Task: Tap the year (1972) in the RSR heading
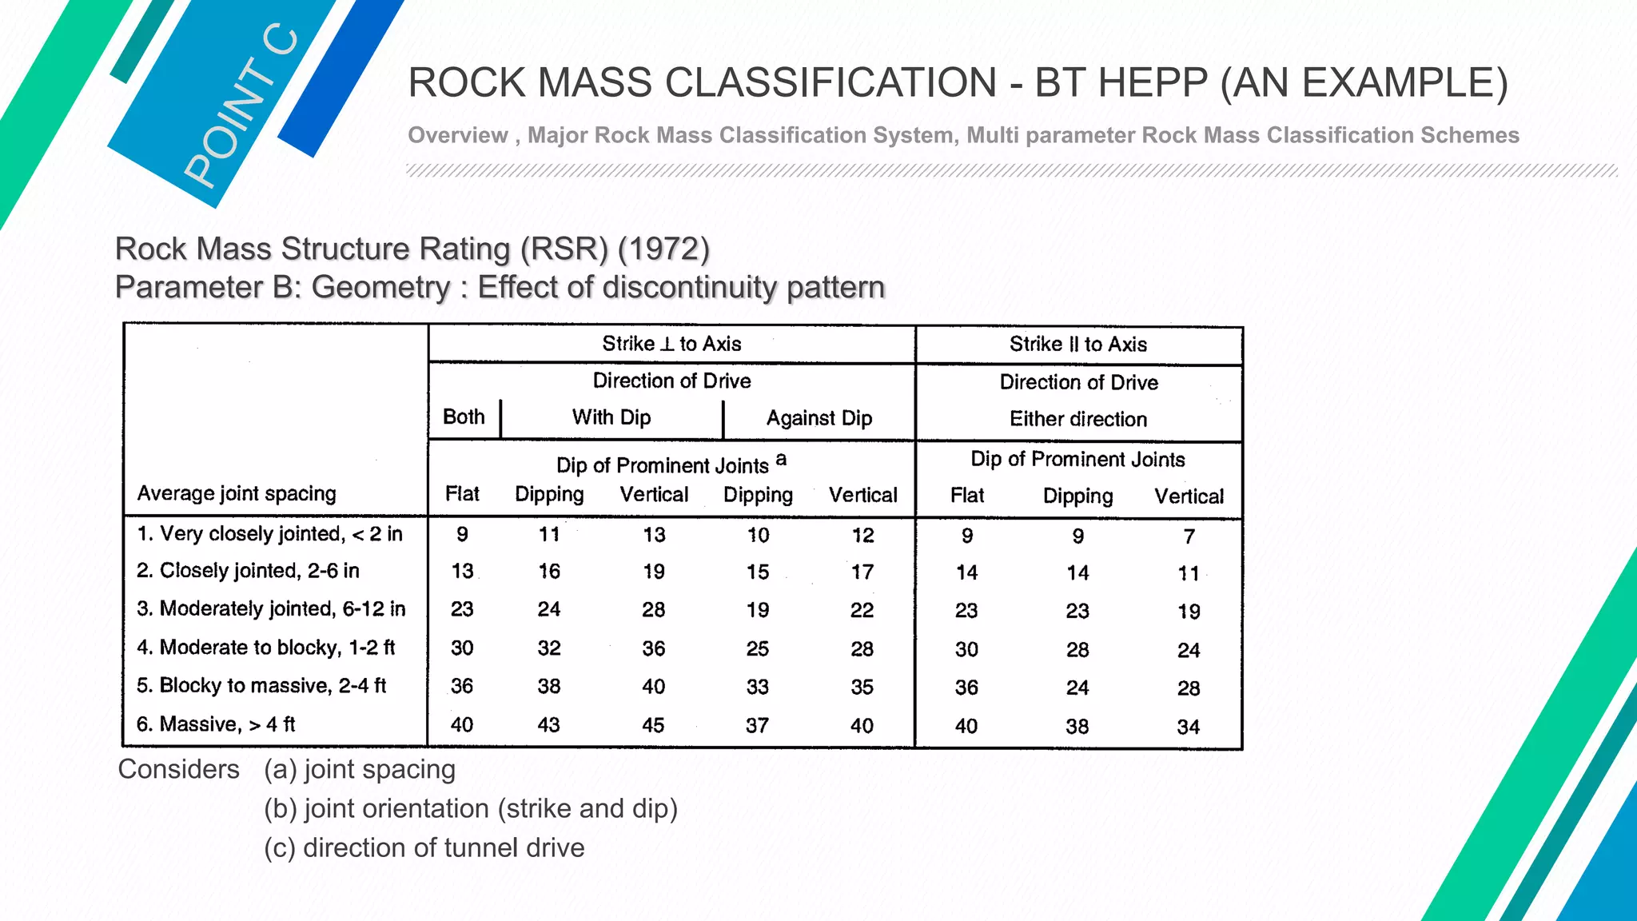click(x=663, y=249)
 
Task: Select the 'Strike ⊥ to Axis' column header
click(x=671, y=344)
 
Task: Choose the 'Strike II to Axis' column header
click(x=1077, y=345)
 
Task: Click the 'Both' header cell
click(x=464, y=417)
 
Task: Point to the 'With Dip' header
click(x=611, y=417)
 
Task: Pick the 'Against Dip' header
click(x=818, y=418)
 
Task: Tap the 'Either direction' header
click(x=1077, y=419)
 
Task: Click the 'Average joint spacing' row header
click(x=237, y=493)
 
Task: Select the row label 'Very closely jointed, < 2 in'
click(x=269, y=533)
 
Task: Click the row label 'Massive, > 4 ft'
click(x=216, y=724)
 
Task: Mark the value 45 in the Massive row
click(x=653, y=725)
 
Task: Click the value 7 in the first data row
click(x=1189, y=536)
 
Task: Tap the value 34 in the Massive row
click(x=1188, y=727)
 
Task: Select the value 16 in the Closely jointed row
click(x=549, y=572)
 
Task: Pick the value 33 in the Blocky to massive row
click(x=757, y=687)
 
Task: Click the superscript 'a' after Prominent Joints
click(x=782, y=459)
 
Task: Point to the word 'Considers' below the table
click(x=178, y=769)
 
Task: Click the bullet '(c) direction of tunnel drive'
click(x=424, y=847)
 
